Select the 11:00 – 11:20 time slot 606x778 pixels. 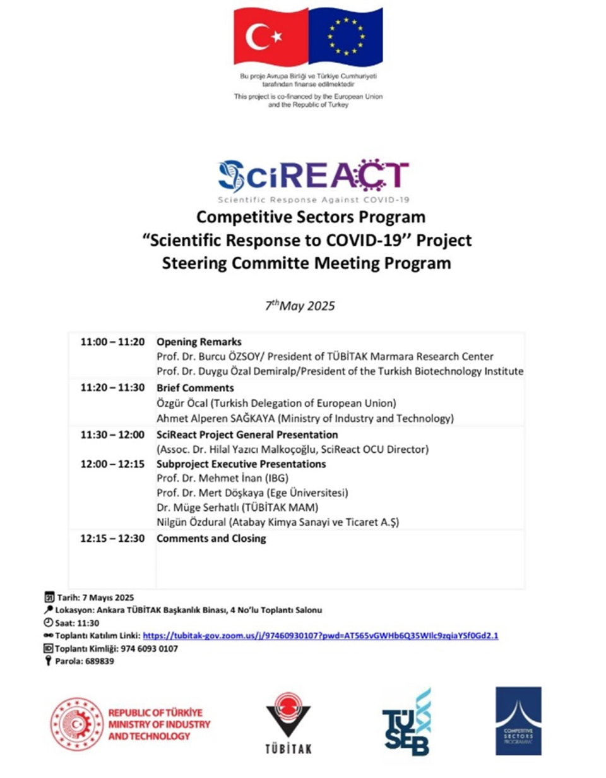(x=113, y=342)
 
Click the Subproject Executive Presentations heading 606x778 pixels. (x=241, y=464)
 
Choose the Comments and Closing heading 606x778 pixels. (x=211, y=539)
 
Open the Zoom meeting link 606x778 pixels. (x=321, y=636)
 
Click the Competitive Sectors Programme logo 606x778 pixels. (x=518, y=720)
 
